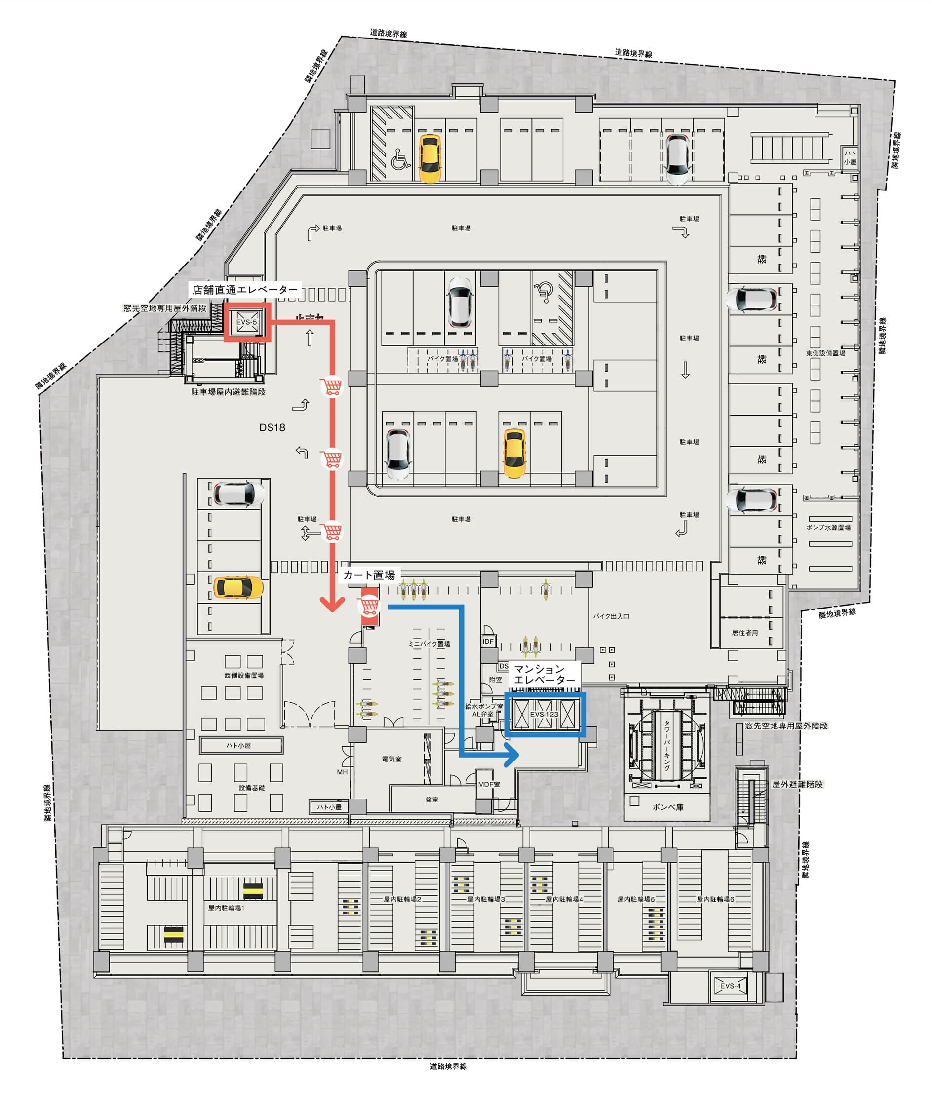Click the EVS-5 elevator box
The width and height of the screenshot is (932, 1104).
tap(247, 322)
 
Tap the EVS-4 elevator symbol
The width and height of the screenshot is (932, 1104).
tap(730, 986)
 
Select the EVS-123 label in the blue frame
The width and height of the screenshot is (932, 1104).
tap(544, 714)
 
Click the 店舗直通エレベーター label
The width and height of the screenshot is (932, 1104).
tap(245, 290)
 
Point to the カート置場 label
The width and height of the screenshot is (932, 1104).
tap(369, 575)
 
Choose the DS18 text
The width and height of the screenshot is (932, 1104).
tap(272, 427)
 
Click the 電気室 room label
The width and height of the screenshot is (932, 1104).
tap(391, 759)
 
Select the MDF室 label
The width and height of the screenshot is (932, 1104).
tap(489, 784)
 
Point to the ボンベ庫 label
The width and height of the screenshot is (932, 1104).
tap(668, 807)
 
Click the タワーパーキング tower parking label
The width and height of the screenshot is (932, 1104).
tap(667, 745)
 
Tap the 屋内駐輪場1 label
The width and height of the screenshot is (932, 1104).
tap(226, 908)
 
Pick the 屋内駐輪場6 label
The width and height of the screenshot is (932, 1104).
tap(715, 899)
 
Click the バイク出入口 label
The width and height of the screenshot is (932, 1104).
tap(611, 616)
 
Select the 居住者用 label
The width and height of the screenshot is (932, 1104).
tap(744, 633)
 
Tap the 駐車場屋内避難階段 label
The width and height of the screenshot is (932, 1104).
tap(228, 392)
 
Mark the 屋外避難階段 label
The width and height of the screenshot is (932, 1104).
tap(797, 784)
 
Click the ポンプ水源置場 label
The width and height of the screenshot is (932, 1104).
tap(828, 527)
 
